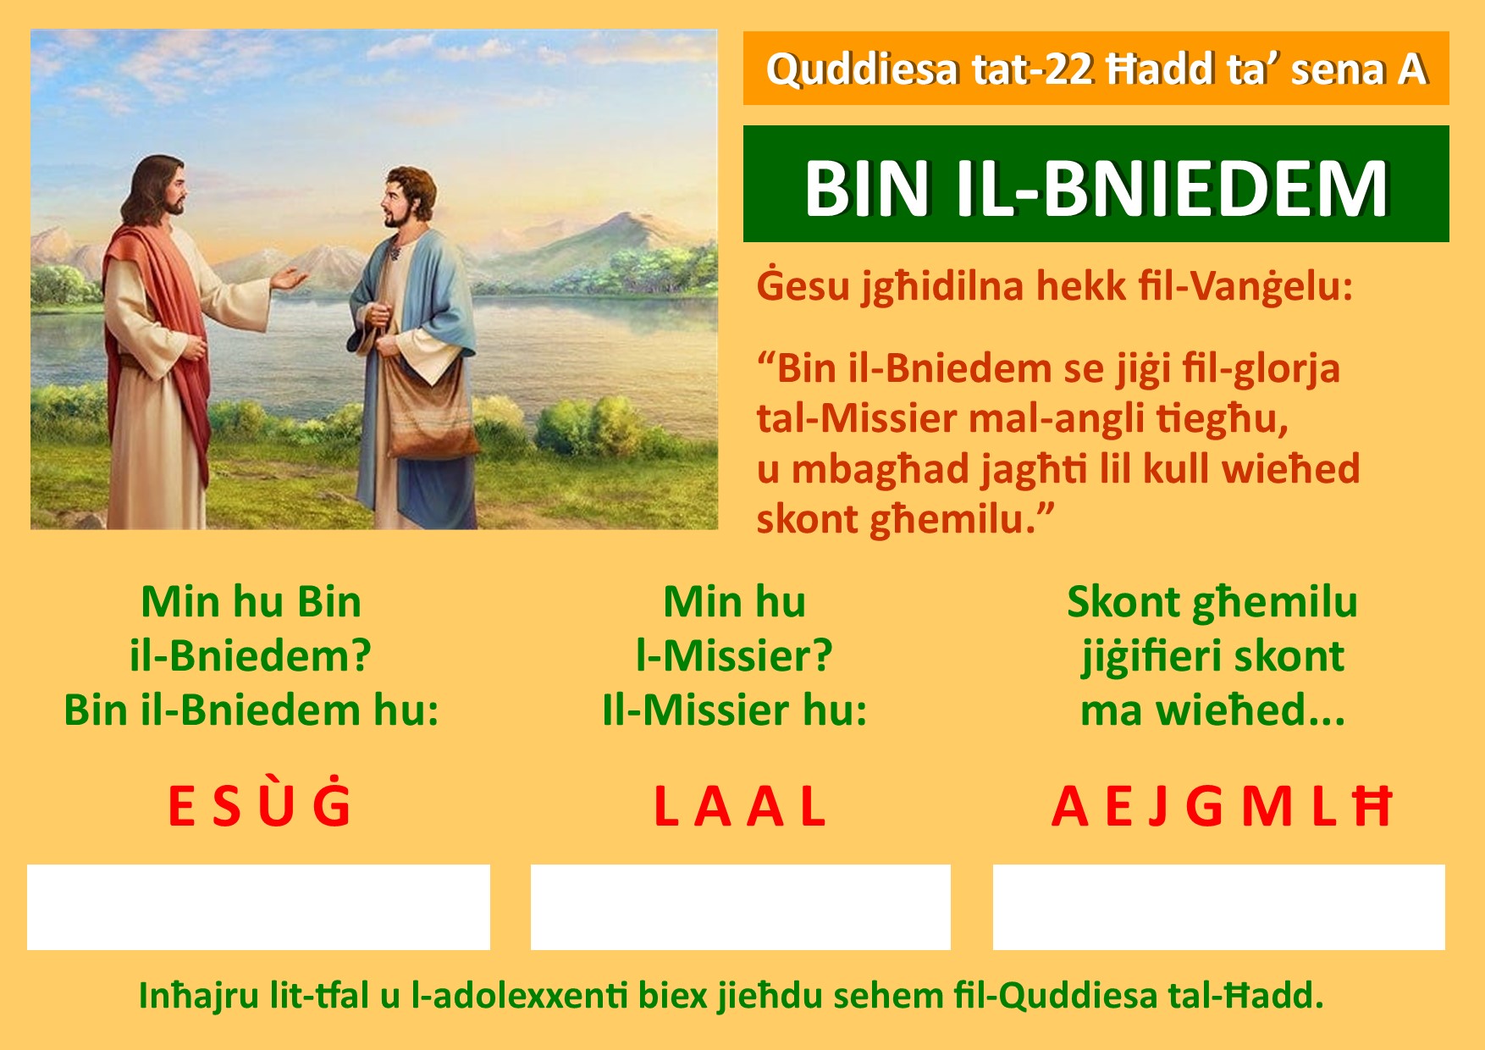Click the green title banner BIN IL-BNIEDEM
[1096, 184]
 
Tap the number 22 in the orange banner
[1068, 69]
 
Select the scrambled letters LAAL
[739, 806]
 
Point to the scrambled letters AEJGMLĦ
[1221, 806]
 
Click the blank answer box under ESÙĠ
[258, 907]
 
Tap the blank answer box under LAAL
[741, 907]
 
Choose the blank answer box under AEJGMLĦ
[1219, 907]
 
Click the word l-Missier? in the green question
[734, 655]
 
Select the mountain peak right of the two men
[627, 217]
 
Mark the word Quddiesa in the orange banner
[863, 69]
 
